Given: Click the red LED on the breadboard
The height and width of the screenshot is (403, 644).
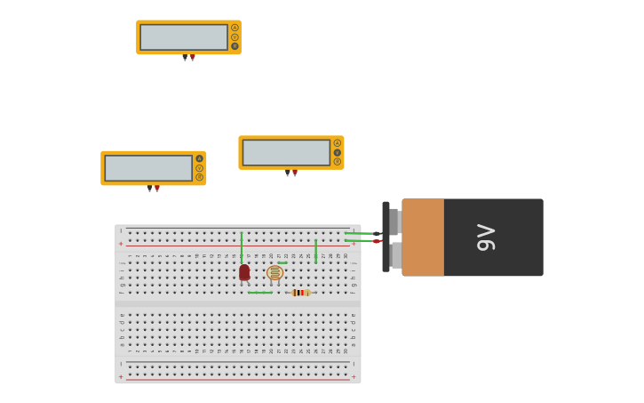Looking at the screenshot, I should (x=244, y=271).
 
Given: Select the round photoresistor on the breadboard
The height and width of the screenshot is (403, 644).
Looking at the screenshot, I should (x=274, y=272).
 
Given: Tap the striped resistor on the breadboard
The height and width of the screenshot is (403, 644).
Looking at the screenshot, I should (x=300, y=293).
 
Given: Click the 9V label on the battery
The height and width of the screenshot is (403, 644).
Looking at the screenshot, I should (x=486, y=238).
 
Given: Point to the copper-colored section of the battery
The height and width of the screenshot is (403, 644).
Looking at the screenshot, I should (x=423, y=238).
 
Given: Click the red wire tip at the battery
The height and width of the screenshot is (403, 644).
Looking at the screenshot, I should (x=377, y=241).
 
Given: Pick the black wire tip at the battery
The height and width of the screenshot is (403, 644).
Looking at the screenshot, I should (x=377, y=233).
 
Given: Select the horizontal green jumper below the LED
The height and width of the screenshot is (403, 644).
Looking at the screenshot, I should (x=260, y=293).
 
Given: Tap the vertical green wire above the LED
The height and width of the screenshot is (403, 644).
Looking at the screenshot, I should (x=242, y=247).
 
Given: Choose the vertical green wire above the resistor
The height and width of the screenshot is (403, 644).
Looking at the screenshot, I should (x=315, y=251).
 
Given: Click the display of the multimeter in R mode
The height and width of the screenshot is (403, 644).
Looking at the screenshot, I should (x=184, y=37).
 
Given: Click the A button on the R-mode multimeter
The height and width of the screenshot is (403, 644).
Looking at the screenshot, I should (x=235, y=28).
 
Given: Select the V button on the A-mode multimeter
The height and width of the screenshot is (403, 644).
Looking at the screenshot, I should (x=199, y=168).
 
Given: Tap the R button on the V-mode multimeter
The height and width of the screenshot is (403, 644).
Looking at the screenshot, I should (x=338, y=162).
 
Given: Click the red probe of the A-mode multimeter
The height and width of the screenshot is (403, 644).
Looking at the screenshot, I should (x=157, y=189).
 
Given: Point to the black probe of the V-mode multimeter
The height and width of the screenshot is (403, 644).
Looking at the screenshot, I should (x=287, y=173).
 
